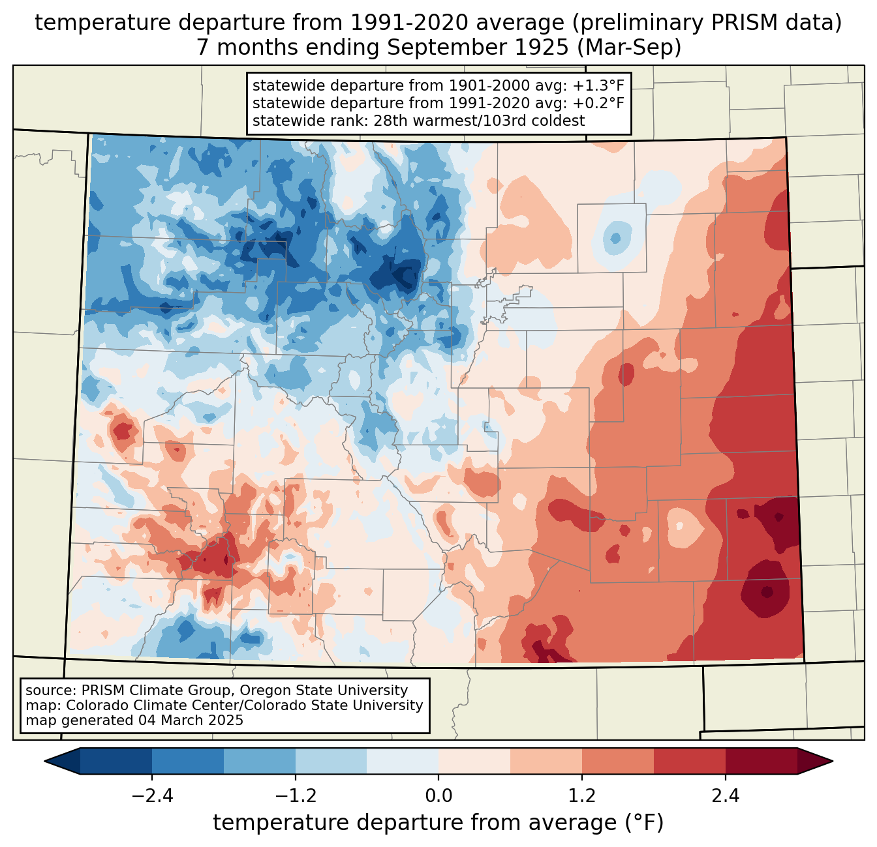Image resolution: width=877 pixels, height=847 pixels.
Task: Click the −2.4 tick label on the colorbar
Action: pos(152,796)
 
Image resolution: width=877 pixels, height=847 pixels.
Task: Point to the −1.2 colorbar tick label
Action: pos(295,796)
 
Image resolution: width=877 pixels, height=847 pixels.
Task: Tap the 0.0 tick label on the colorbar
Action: pos(438,796)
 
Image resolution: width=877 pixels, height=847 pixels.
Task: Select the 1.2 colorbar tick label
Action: pos(581,796)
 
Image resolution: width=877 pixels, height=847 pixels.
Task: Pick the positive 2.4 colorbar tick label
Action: pos(725,796)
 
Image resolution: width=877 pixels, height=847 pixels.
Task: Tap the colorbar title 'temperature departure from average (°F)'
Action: pos(438,823)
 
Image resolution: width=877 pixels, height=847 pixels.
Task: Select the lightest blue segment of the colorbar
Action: pos(403,761)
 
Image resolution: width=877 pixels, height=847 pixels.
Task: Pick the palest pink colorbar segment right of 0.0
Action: pos(474,761)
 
